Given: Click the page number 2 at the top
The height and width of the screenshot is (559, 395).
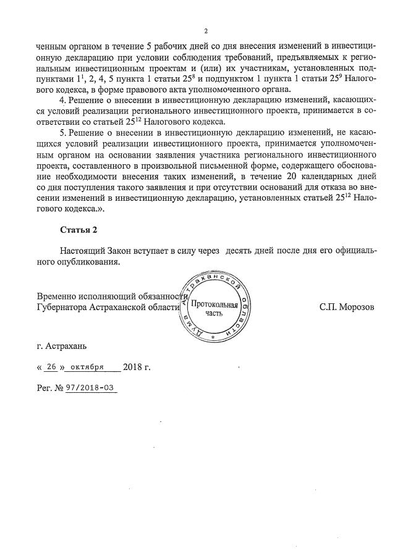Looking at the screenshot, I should click(206, 31).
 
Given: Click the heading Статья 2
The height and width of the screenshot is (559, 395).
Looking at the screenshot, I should click(79, 230).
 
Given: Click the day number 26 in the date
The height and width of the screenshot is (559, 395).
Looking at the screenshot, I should click(51, 367).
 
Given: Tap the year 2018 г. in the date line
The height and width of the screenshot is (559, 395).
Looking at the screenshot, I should click(137, 367).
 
